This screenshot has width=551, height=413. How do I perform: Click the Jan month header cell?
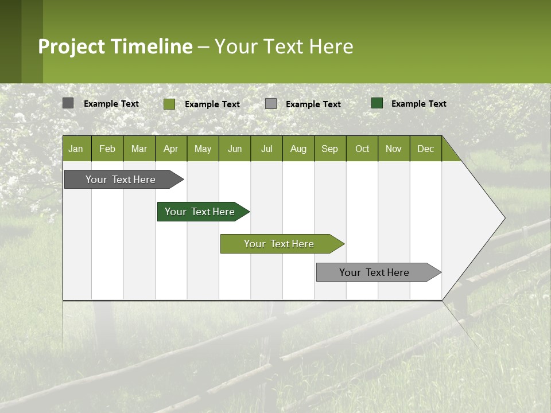(76, 149)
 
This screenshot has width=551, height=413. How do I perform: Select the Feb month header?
(107, 149)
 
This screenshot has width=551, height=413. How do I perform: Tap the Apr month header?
(170, 149)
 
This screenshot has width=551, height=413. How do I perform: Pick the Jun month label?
(235, 149)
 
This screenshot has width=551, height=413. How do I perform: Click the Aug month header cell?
(298, 149)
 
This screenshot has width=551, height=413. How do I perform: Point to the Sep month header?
(329, 149)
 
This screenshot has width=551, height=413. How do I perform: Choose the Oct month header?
(362, 149)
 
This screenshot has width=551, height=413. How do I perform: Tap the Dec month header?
(425, 149)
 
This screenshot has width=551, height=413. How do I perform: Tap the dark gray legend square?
(68, 103)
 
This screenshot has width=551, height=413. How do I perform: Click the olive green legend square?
(169, 104)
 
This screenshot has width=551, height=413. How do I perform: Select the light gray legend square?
(271, 104)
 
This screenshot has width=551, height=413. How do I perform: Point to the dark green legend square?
(377, 103)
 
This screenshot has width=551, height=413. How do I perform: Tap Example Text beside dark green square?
(418, 104)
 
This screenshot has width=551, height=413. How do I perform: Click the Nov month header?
(394, 149)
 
